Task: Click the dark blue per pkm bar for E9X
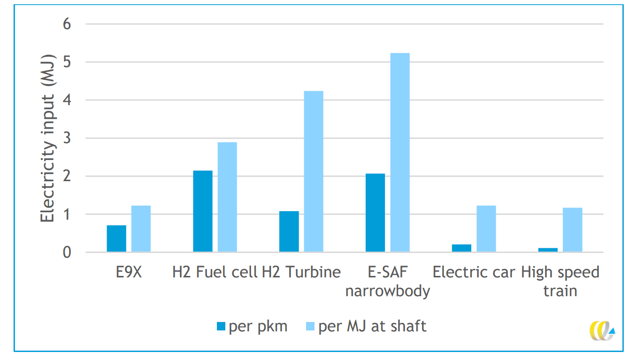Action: pos(116,239)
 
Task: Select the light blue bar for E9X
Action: pos(141,229)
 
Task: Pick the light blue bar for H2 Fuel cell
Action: pos(227,197)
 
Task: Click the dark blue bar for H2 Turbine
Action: pos(289,232)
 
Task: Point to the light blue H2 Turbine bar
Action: pos(314,172)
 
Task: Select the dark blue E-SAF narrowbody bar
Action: pos(376,213)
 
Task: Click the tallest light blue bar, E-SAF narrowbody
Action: pos(400,153)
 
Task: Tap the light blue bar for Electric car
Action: pos(486,229)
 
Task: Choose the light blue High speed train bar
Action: pos(573,230)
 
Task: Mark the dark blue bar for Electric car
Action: pos(462,248)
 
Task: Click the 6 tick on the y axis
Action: pos(67,24)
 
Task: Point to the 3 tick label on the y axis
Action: pos(67,138)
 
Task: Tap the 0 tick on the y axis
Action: pos(67,253)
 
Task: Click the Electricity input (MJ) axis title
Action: pos(47,138)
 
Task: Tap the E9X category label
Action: pos(129,272)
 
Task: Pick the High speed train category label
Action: pos(560,281)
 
